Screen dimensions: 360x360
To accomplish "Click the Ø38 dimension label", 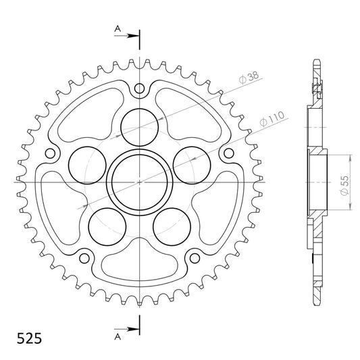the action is coord(249,78).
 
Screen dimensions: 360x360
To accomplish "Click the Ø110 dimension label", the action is coord(272,119).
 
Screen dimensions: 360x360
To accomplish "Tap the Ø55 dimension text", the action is coord(344,186).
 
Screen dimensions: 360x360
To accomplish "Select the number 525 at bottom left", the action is coord(30,338).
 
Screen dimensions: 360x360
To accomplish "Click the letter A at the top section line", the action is coord(118,28).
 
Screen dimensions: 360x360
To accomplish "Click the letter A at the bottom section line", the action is coord(118,337).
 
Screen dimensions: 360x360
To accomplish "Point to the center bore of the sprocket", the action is coord(140,182).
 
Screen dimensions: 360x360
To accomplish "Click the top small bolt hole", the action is coord(139,88).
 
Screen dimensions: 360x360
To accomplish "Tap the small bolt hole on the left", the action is coord(50,153).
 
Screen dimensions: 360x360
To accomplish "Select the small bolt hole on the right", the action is coord(229,153).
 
